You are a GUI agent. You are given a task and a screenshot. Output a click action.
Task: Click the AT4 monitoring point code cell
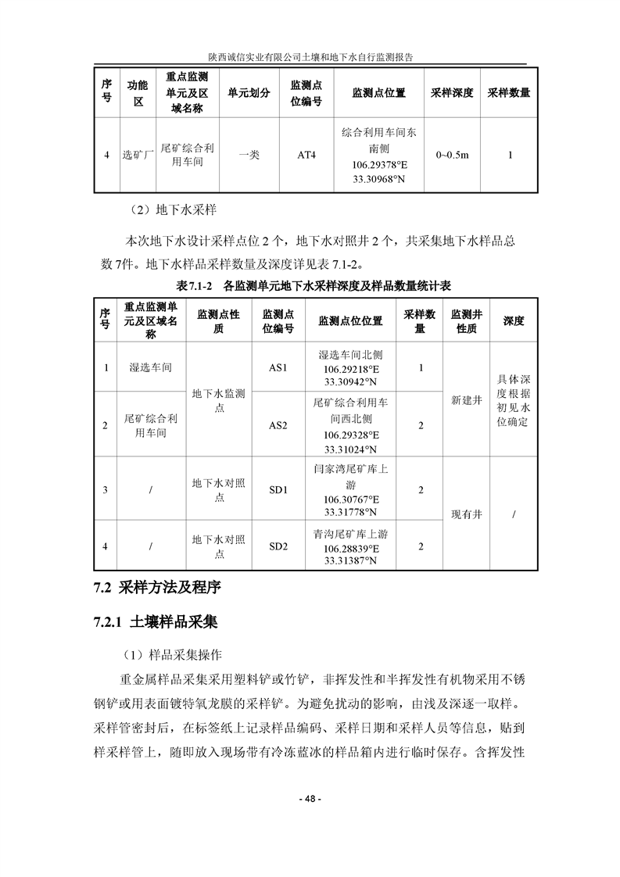click(x=306, y=155)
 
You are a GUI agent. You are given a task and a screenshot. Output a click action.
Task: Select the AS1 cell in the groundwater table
click(x=278, y=367)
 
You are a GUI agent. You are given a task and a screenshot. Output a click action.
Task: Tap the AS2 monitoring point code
click(x=278, y=425)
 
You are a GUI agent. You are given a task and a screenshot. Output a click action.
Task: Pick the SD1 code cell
click(x=278, y=490)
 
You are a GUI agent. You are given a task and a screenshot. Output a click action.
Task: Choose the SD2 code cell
click(x=278, y=546)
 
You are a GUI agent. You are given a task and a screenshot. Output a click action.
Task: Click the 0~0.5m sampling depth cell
click(x=452, y=155)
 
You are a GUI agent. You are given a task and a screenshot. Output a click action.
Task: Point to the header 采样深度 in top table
click(x=452, y=93)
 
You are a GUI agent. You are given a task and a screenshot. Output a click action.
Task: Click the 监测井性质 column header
click(x=467, y=321)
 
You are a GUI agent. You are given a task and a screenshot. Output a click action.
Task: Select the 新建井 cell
click(x=467, y=399)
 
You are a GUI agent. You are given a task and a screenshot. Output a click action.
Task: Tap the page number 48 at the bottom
click(x=310, y=799)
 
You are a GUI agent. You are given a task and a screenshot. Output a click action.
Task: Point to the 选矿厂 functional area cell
click(x=138, y=155)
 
